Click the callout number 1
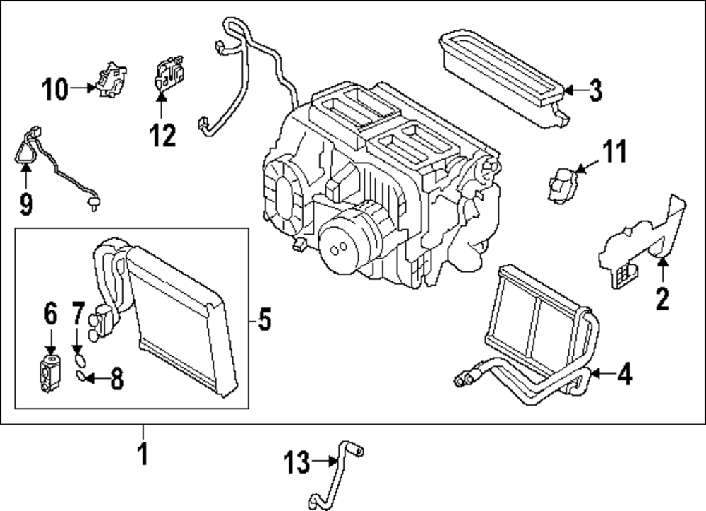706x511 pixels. [x=143, y=453]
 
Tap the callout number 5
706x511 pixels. [x=263, y=320]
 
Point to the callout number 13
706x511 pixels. [x=297, y=463]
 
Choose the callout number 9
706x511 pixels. [x=26, y=204]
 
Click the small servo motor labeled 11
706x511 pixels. [x=561, y=182]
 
